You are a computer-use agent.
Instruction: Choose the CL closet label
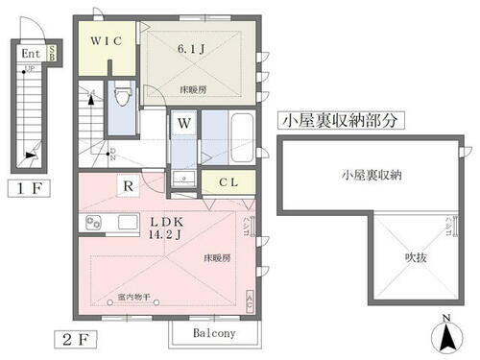[228, 180]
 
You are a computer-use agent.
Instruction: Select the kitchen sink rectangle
[127, 223]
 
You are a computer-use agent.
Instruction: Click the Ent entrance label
[30, 54]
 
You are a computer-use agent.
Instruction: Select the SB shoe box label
[53, 54]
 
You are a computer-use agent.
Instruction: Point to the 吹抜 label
[414, 256]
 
